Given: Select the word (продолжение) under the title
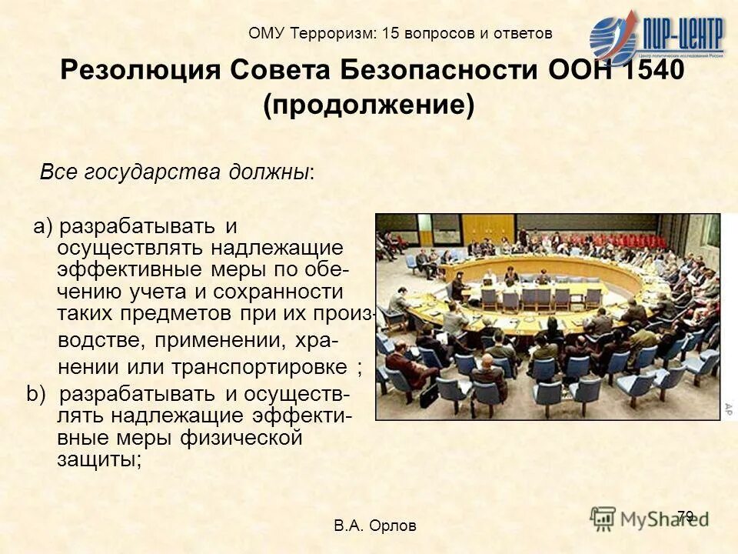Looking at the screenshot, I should click(x=368, y=105).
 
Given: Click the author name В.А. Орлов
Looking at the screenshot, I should click(x=375, y=526).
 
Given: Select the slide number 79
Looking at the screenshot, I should click(x=686, y=516).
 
